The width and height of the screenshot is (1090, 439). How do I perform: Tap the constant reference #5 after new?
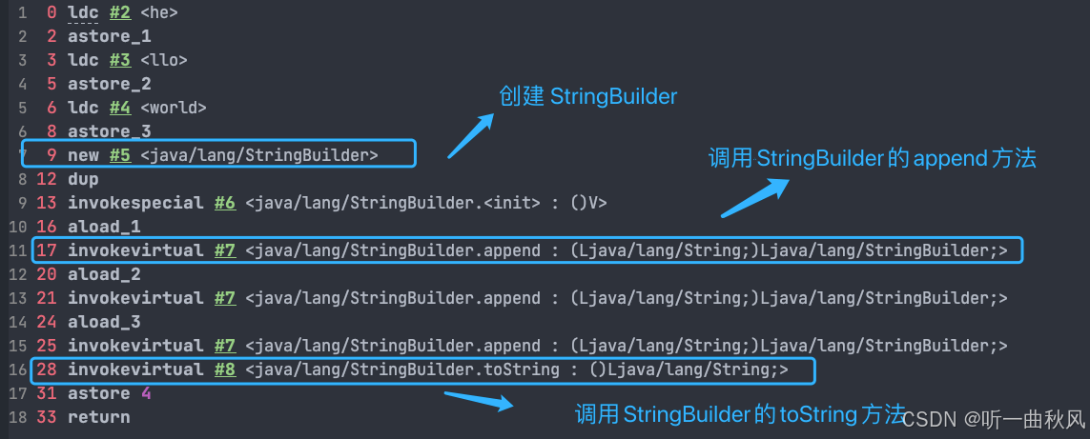click(x=118, y=155)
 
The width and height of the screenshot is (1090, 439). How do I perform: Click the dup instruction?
click(x=83, y=179)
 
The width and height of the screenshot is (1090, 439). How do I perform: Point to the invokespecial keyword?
click(x=134, y=203)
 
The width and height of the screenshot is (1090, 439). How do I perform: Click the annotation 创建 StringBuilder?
click(x=588, y=96)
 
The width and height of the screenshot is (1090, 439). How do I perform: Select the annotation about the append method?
click(x=872, y=159)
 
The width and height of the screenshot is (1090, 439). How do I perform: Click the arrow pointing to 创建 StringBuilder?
click(x=470, y=136)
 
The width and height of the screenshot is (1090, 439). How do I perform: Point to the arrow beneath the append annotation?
click(x=754, y=197)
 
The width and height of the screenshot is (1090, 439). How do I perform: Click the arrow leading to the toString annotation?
click(x=479, y=399)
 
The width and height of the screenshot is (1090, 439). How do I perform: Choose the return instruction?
click(x=98, y=417)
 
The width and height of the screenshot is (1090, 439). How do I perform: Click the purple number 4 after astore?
click(x=146, y=393)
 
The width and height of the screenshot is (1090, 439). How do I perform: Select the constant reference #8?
click(x=224, y=369)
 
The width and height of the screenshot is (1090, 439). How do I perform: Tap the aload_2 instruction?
click(x=102, y=274)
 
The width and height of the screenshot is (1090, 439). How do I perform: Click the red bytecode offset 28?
click(x=46, y=369)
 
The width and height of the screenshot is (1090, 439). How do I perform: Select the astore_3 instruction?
click(x=109, y=131)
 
